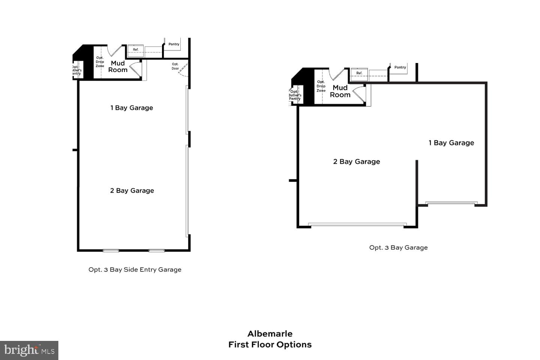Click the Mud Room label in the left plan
[x=118, y=67]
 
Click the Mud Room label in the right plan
[x=340, y=91]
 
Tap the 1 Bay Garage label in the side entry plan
[x=132, y=108]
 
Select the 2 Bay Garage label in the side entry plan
[x=132, y=190]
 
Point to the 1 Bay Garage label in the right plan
[x=451, y=143]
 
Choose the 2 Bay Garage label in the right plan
[x=357, y=162]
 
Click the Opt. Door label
[x=175, y=66]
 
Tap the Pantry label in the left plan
[x=174, y=44]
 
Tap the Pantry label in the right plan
[x=400, y=67]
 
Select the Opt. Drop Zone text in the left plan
[x=100, y=62]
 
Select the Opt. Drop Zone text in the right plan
[x=321, y=86]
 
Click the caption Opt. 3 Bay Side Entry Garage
[x=135, y=270]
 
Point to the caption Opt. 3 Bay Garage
[x=398, y=247]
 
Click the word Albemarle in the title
[x=270, y=334]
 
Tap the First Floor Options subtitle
[x=270, y=345]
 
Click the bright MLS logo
[x=29, y=350]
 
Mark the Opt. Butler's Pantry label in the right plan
[x=295, y=95]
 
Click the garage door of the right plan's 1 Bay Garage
[x=451, y=203]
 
